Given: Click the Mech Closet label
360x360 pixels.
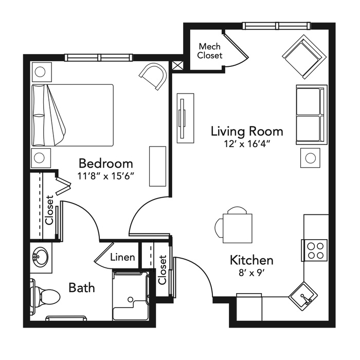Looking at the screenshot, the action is coord(210,51).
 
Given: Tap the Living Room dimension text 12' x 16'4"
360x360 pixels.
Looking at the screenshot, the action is coord(247,144).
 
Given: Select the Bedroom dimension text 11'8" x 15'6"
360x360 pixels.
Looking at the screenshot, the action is coord(105,176).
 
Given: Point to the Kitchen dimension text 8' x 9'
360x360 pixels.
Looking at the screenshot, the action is coord(252,273).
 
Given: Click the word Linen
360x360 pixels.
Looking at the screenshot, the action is coord(122,257).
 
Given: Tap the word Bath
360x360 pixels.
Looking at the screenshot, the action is coord(82,287).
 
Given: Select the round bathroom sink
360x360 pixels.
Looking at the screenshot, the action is coord(41,257).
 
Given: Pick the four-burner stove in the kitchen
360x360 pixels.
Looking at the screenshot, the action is coord(314,250).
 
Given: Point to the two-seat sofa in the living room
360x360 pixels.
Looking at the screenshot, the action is coord(312,115).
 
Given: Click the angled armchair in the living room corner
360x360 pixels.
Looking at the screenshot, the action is coord(304,57).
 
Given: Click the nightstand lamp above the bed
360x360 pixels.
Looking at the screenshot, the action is coord(40,72).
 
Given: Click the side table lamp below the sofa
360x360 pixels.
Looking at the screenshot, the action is coord(311,158).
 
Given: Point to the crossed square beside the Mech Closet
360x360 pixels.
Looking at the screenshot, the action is coord(178,66).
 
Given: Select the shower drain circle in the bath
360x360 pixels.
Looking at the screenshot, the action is coord(130,299).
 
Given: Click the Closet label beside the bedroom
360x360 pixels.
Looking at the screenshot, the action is coord(49,210).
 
